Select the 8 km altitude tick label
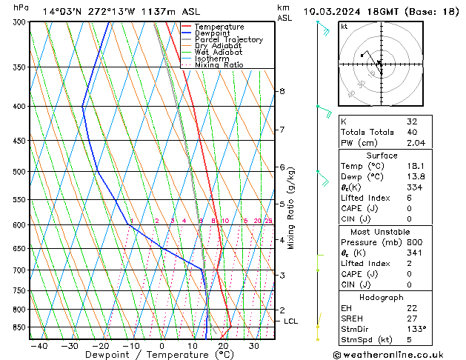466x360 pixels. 282,91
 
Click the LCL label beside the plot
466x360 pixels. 290,321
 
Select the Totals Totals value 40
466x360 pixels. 413,132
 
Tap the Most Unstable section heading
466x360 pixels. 382,232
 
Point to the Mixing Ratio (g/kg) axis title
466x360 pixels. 291,208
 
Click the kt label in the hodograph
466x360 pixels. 344,27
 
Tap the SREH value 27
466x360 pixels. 413,318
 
